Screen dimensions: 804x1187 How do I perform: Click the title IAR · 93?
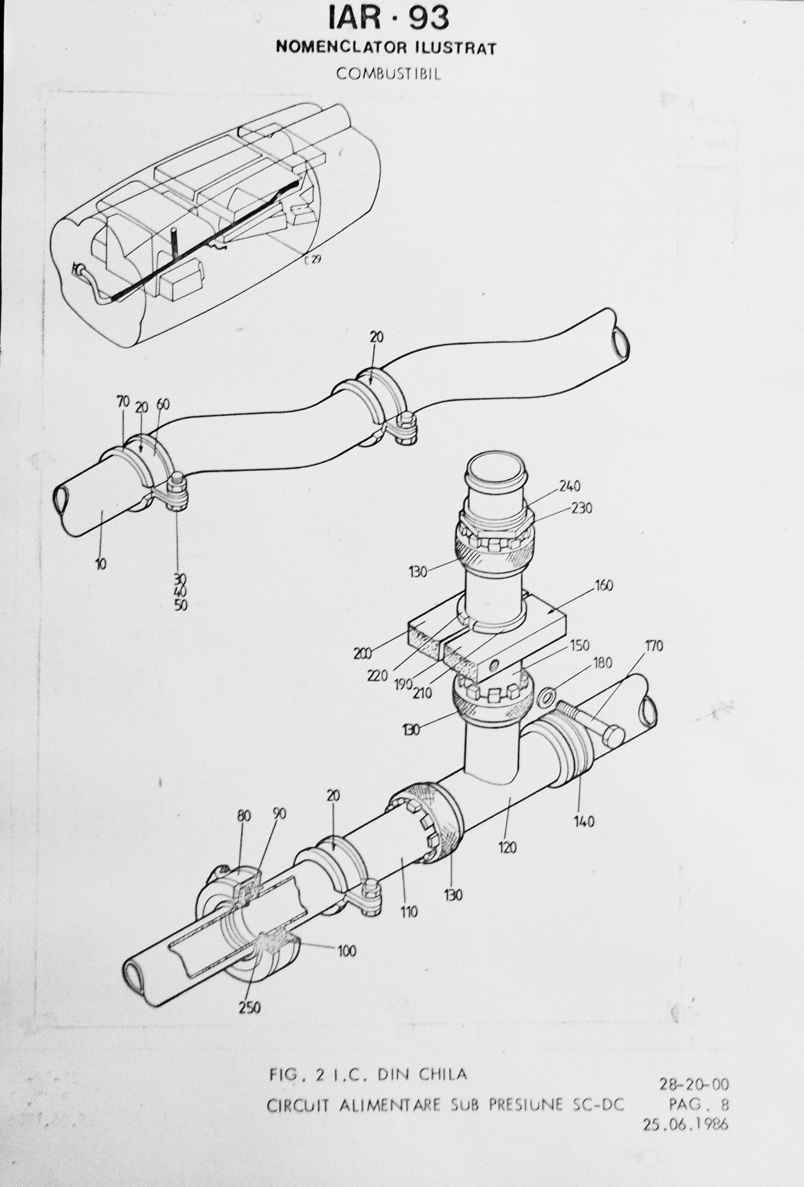click(x=389, y=18)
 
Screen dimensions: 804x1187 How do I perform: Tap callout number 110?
click(x=409, y=911)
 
